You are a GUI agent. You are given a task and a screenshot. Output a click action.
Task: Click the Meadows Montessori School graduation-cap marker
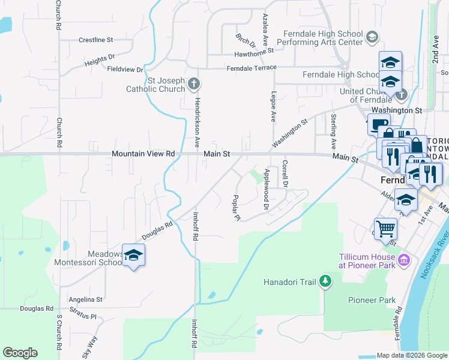(x=134, y=255)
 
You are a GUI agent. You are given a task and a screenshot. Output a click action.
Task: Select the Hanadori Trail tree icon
(x=325, y=280)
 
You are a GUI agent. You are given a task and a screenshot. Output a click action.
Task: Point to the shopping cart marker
(x=385, y=228)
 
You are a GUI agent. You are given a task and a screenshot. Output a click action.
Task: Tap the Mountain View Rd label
(x=143, y=154)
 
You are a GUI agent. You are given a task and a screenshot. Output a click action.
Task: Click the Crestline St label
(x=96, y=40)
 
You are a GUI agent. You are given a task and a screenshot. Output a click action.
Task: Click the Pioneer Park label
(x=372, y=299)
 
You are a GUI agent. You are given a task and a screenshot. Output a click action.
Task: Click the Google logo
(x=20, y=353)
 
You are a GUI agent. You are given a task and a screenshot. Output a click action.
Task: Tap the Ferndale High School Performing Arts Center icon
(x=372, y=38)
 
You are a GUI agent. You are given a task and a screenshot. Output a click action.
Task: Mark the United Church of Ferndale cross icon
(x=401, y=94)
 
